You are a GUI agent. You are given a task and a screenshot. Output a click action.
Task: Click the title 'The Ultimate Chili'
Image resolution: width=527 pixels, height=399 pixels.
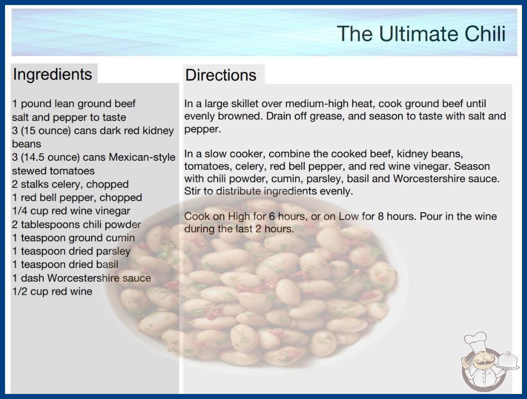coord(421,34)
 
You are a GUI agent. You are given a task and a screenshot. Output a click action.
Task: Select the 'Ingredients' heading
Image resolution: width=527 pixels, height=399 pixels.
coord(52,75)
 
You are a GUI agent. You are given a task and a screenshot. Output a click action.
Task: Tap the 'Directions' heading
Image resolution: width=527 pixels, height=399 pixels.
coord(221,75)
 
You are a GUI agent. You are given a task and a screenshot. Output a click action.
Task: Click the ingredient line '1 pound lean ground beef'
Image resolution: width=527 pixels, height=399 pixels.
coord(74,104)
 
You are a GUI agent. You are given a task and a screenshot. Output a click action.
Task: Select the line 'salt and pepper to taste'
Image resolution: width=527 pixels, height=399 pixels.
coord(69,117)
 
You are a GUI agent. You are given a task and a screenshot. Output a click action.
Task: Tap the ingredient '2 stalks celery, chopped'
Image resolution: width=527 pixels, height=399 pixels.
coord(70,184)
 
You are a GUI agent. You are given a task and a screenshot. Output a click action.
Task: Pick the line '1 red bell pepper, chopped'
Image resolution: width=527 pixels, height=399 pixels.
coord(77,197)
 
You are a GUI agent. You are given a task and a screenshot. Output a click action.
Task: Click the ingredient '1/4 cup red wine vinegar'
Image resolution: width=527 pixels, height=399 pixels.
coord(71,211)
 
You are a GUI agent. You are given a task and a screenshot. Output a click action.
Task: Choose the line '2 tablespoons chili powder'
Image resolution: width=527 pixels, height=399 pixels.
coord(77,225)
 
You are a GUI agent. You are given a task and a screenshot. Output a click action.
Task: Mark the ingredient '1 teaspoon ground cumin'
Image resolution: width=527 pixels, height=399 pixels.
coord(74,238)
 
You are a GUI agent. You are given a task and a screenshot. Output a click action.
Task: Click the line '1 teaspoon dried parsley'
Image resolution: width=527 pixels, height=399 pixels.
coord(71,251)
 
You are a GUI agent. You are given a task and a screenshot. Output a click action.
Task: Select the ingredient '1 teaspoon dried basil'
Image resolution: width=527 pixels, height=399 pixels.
coord(65,264)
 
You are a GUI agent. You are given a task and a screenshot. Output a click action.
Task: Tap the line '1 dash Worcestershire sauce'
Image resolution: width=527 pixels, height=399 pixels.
coord(82,278)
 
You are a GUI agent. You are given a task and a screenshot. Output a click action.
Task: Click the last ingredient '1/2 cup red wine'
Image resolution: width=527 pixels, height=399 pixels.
coord(52,291)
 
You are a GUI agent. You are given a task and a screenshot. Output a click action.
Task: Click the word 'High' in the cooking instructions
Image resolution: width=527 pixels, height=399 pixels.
coord(239,217)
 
